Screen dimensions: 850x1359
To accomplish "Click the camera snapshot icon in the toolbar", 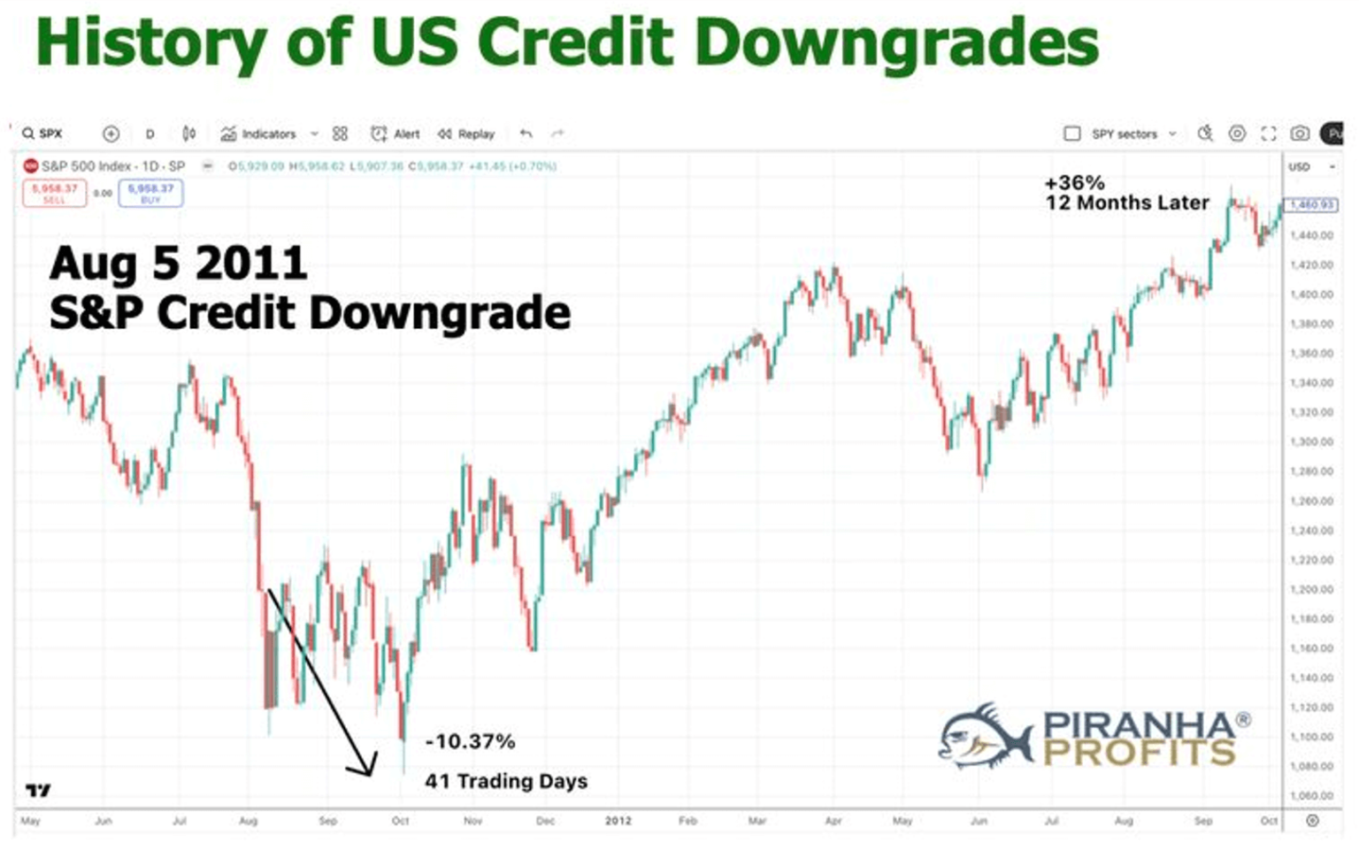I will coord(1299,134).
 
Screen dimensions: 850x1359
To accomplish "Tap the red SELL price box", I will coord(55,193).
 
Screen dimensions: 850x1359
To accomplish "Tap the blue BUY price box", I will coord(150,193).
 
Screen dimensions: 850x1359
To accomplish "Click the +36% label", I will coord(1074,183).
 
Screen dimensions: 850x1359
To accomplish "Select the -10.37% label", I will coord(470,741).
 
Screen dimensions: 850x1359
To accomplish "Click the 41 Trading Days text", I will coord(506,781).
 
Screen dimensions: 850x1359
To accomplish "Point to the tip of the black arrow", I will coord(370,775).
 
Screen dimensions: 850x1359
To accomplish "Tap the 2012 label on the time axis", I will coord(618,821).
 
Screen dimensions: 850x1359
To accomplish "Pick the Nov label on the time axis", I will coord(472,821).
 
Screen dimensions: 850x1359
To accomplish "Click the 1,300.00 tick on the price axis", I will coord(1310,441).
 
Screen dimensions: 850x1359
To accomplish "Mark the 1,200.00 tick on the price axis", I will coord(1310,589).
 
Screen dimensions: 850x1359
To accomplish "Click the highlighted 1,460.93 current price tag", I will coord(1311,205).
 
